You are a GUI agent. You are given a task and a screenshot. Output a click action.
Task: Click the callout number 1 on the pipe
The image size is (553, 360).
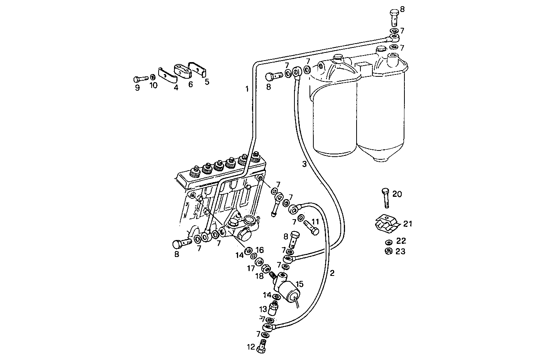247,90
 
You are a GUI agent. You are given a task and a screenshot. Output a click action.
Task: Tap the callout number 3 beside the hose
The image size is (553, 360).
304,164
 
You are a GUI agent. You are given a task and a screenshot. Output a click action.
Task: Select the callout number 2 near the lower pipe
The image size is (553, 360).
332,273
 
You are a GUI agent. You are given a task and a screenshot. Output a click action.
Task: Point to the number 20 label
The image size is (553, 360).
397,194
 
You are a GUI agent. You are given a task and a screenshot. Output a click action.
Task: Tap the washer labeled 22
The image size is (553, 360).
389,242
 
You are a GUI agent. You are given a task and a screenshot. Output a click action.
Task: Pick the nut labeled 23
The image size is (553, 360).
389,251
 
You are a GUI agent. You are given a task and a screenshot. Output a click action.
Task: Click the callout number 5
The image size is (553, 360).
207,82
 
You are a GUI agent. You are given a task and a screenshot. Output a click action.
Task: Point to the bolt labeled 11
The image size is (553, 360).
311,228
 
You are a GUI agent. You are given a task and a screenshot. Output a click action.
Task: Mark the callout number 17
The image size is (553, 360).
251,267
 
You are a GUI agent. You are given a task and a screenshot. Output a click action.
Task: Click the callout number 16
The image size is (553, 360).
259,250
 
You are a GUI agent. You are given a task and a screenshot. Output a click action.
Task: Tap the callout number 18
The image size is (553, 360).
259,276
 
